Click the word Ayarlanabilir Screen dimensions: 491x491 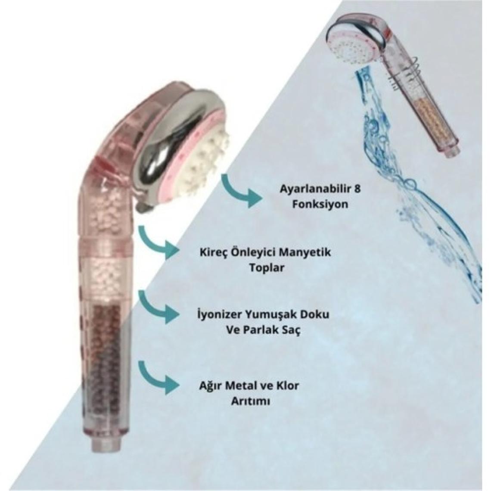pyautogui.click(x=307, y=188)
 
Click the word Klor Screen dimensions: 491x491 pyautogui.click(x=285, y=385)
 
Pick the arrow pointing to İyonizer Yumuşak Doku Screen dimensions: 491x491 pyautogui.click(x=157, y=307)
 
